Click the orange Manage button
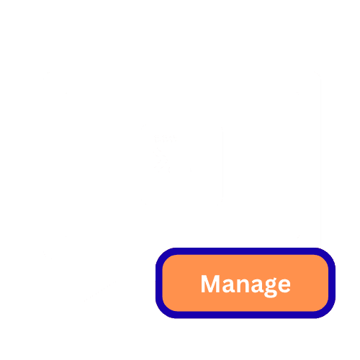246,283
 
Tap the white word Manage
246,285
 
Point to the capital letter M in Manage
210,284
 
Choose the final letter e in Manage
284,286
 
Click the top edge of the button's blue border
246,251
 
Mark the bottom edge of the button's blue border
246,315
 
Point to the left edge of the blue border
159,283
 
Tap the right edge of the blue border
332,283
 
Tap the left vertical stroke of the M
203,284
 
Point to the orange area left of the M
181,283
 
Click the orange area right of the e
310,283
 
